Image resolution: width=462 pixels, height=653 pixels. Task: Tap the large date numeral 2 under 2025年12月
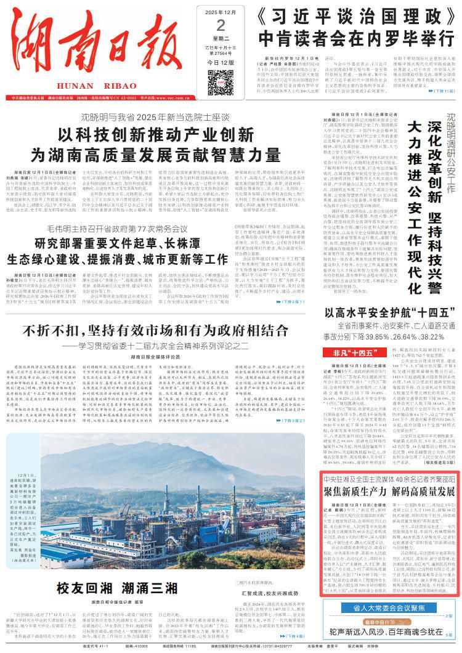tap(205, 25)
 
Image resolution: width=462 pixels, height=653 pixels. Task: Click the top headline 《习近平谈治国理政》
tap(347, 17)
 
